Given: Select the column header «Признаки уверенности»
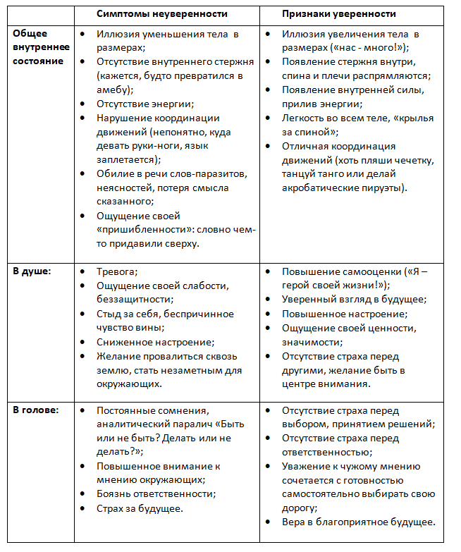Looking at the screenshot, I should point(338,13).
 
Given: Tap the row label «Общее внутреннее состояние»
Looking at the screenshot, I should point(41,47).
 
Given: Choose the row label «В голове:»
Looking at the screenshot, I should point(35,410).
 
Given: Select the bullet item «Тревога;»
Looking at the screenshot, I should point(117,271).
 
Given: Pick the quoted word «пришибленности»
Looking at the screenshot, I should point(145,230).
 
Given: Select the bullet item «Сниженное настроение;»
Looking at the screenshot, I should point(155,342).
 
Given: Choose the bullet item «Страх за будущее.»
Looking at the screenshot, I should point(140,508).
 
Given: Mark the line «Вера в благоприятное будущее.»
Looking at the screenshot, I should point(358,522).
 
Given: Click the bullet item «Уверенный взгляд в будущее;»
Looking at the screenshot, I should point(354,300).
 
